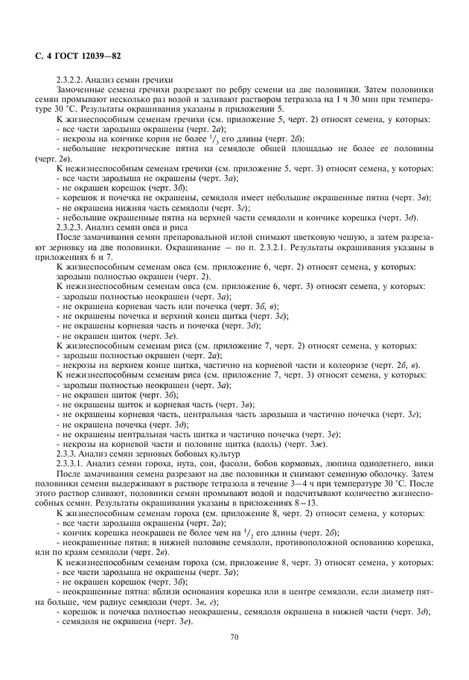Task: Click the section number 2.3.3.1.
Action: coord(71,463)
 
